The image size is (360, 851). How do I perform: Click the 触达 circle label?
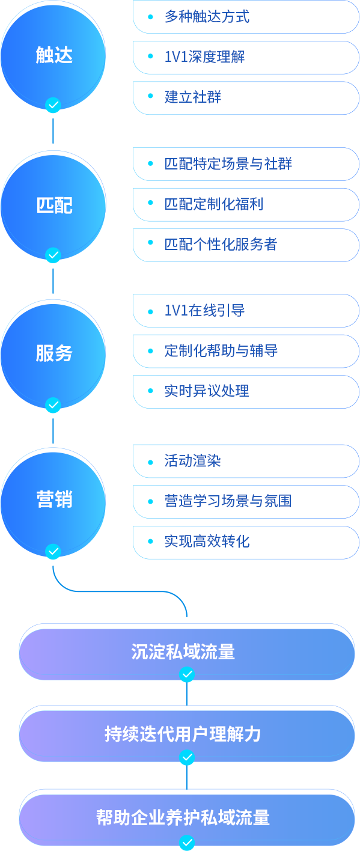click(54, 55)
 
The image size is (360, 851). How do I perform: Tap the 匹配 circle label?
click(54, 205)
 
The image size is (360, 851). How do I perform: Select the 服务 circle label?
click(54, 353)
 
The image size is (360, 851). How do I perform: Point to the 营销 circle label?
click(54, 499)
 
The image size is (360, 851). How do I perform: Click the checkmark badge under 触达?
click(53, 105)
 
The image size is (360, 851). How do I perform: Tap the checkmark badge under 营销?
click(53, 551)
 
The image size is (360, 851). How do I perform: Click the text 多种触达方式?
click(207, 17)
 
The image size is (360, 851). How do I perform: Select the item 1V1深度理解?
click(205, 57)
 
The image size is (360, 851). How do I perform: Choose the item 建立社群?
click(193, 97)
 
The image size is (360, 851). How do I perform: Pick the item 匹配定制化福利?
click(214, 204)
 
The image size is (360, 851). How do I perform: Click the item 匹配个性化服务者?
click(221, 244)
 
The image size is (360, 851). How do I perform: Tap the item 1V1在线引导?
click(205, 311)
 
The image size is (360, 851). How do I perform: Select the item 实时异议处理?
click(207, 391)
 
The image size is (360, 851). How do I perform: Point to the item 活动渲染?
click(193, 461)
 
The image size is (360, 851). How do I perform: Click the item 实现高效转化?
click(207, 541)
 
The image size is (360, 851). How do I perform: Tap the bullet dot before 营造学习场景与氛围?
click(150, 501)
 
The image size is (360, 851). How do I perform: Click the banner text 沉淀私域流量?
click(183, 652)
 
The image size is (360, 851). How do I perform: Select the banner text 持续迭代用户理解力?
click(183, 734)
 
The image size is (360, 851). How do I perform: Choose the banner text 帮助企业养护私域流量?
click(183, 817)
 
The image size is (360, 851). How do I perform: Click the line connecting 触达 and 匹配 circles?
click(53, 131)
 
